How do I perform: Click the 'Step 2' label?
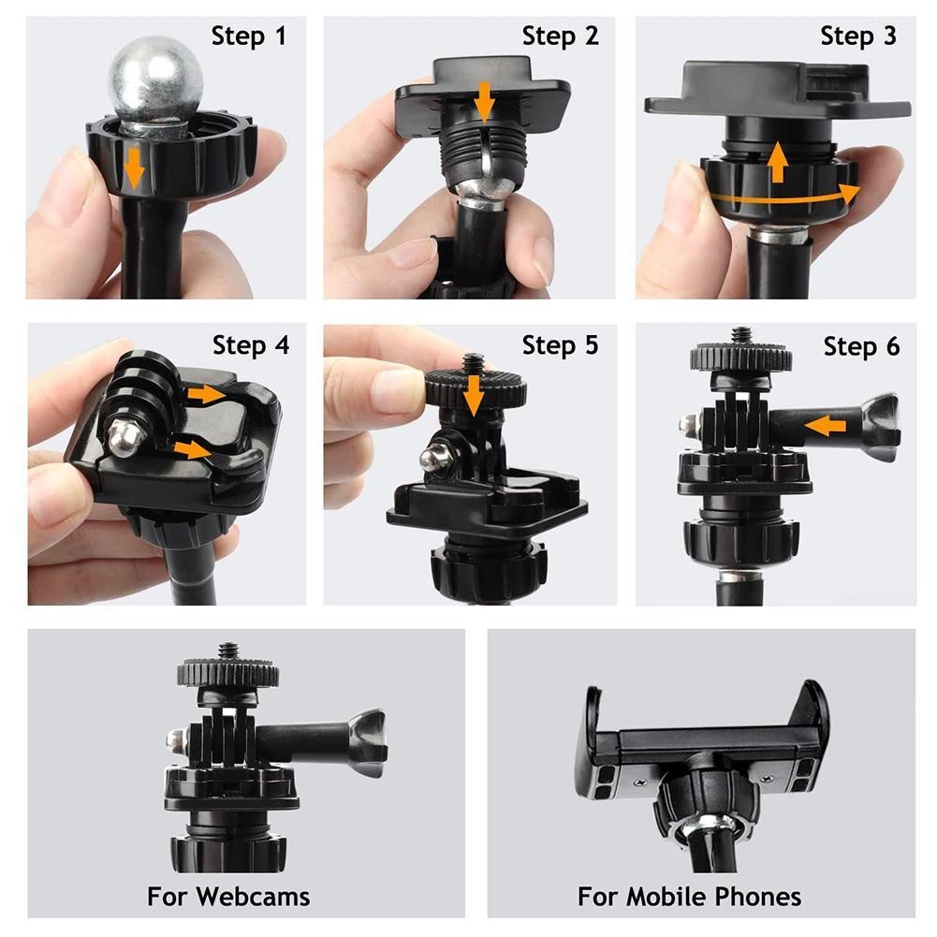pos(560,37)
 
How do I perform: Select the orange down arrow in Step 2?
pos(483,101)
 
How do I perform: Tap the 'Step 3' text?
pos(857,37)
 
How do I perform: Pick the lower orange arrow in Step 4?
pos(193,449)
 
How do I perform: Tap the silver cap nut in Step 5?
pos(432,459)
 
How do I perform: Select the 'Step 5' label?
pos(560,345)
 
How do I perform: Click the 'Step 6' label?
pos(860,346)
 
